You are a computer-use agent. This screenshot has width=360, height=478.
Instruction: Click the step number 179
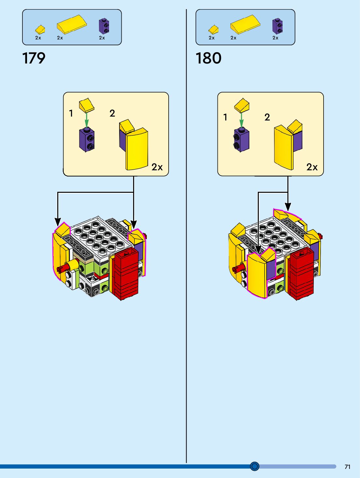tap(34, 58)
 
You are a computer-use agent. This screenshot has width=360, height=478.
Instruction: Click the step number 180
tap(208, 58)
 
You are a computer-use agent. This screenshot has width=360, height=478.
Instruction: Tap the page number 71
tap(347, 467)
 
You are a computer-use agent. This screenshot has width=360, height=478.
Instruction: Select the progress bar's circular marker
tap(255, 466)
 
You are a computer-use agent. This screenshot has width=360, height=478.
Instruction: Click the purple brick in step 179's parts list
tap(104, 26)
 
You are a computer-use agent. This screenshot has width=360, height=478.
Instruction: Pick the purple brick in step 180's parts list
tap(277, 26)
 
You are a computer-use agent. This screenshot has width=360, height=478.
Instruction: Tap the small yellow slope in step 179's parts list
tap(40, 30)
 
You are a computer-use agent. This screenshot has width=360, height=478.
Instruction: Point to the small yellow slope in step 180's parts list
tap(214, 30)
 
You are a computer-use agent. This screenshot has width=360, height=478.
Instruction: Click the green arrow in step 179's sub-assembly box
tap(87, 120)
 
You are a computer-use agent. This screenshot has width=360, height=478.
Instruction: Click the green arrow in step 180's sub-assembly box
tap(242, 120)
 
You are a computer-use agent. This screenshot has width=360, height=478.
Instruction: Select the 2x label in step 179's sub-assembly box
tap(157, 167)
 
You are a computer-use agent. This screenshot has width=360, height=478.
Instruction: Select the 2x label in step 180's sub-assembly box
tap(312, 167)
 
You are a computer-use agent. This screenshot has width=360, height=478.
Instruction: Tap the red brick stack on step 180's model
tap(301, 274)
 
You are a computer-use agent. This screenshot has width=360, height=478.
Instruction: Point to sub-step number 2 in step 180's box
tap(267, 117)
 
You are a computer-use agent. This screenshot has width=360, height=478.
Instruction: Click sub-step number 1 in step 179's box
tap(71, 113)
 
